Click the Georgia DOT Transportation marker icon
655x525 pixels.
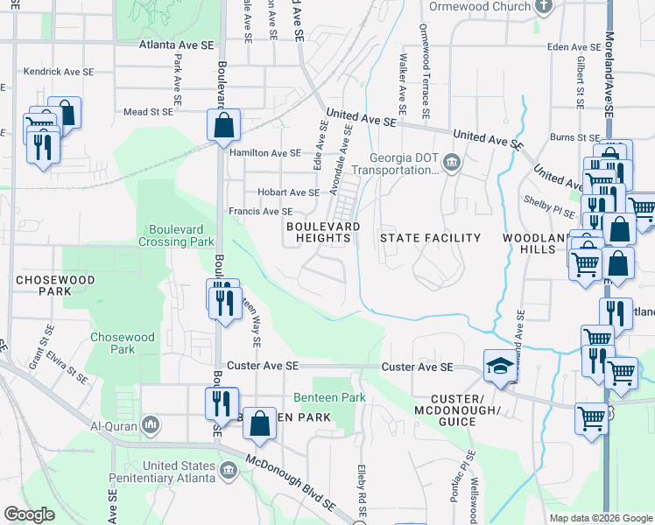(x=453, y=162)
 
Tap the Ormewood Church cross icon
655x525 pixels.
(x=544, y=7)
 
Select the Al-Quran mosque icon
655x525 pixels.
(x=151, y=425)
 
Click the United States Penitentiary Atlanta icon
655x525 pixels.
(x=229, y=471)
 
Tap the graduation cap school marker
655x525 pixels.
(x=499, y=365)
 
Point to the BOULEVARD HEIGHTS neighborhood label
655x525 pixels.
(x=323, y=232)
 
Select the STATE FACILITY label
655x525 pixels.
(x=430, y=238)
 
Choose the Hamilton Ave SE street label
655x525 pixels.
(x=264, y=152)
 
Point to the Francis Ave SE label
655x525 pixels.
(x=260, y=212)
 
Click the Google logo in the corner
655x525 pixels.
(x=29, y=514)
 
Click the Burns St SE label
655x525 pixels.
(x=574, y=137)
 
